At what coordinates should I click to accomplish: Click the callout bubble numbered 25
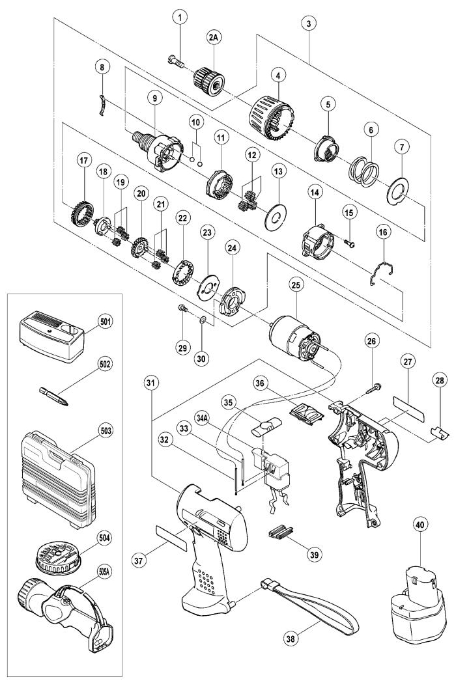[x=296, y=284]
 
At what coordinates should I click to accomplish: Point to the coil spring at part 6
[x=363, y=172]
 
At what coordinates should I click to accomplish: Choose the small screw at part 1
[x=176, y=61]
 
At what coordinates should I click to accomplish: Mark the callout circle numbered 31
[x=151, y=383]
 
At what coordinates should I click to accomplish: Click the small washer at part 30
[x=202, y=320]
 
